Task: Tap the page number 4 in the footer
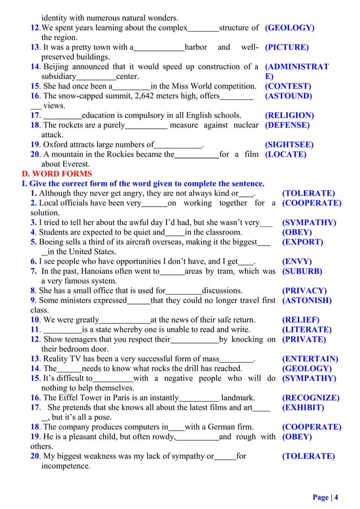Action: tap(336, 497)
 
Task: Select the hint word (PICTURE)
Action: tap(287, 47)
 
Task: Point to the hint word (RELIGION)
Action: tap(289, 115)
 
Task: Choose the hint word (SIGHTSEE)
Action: tap(290, 144)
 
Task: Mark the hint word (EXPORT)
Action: tap(302, 242)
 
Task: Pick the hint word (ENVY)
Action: tap(297, 261)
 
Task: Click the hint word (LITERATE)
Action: tap(306, 330)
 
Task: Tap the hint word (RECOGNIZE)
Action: tap(310, 398)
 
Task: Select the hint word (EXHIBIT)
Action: tap(303, 407)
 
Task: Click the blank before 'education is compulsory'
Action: tap(63, 115)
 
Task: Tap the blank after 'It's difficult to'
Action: tap(113, 379)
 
